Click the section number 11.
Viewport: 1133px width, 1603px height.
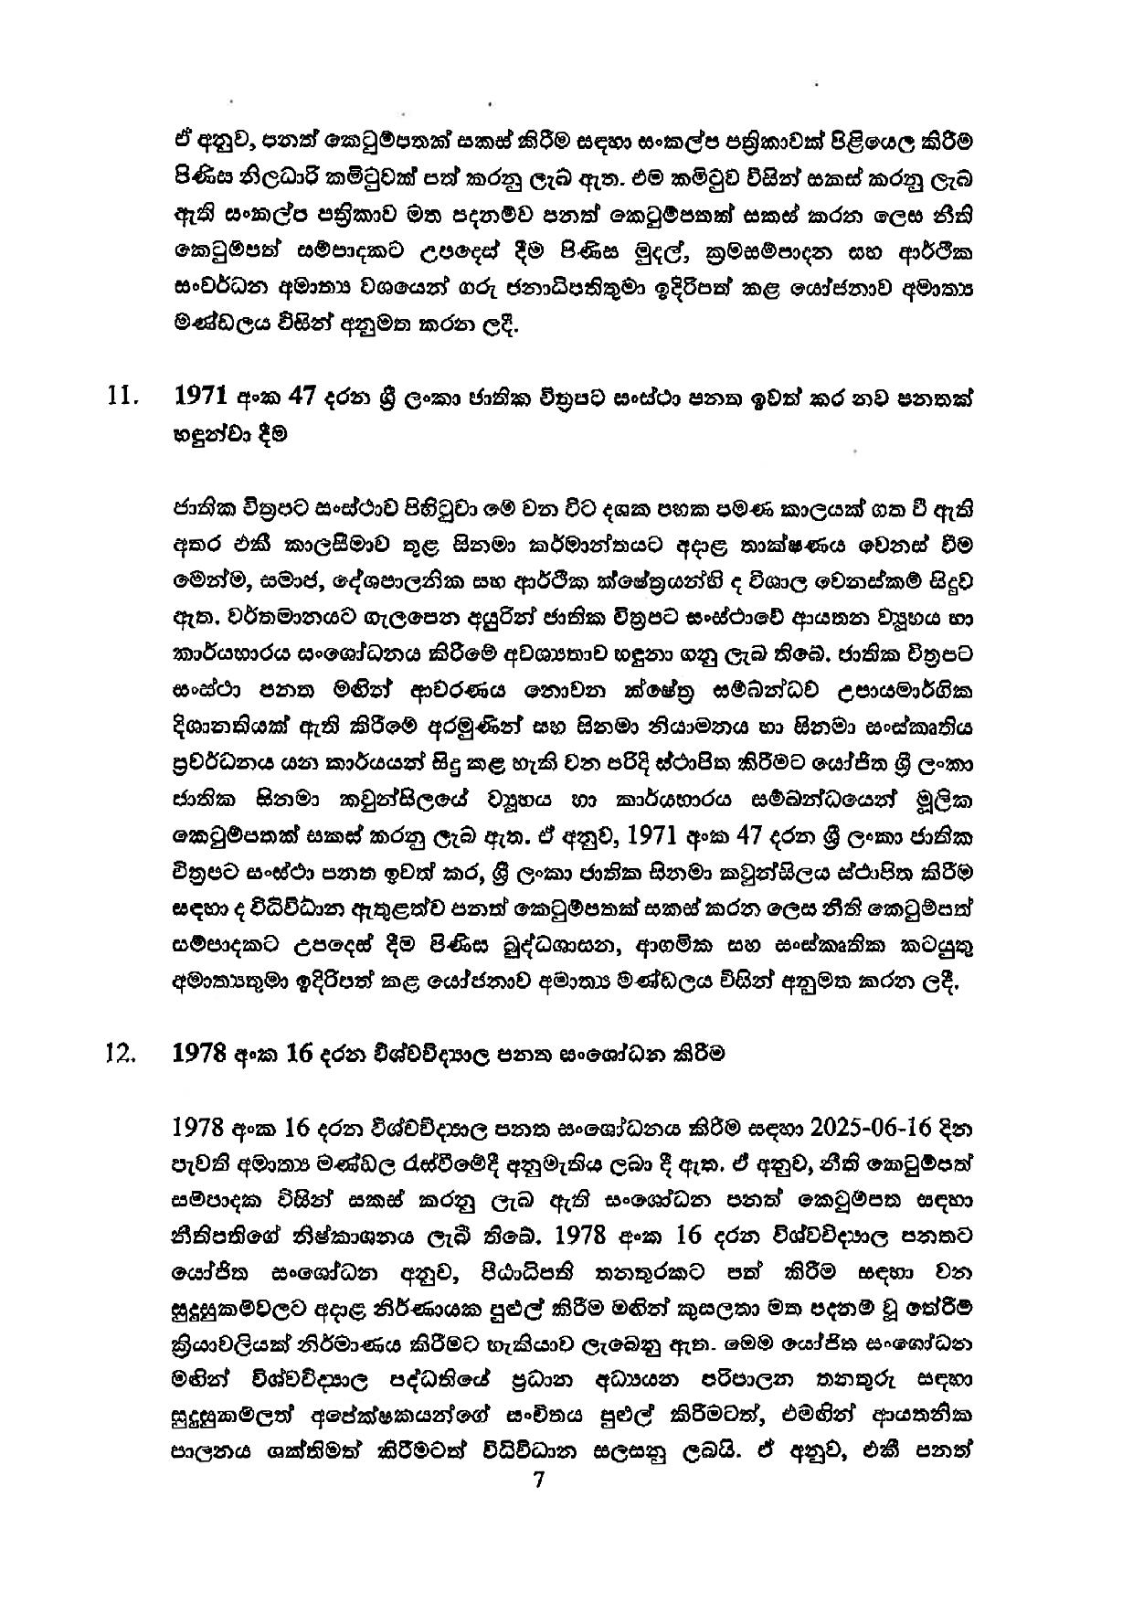[123, 398]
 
